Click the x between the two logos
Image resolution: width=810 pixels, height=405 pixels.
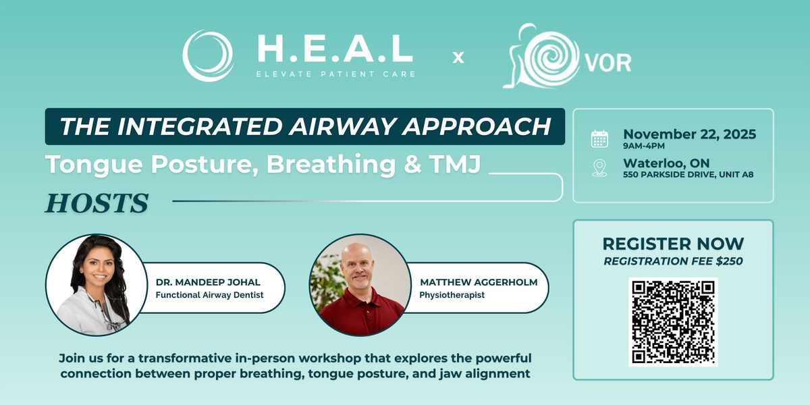point(458,58)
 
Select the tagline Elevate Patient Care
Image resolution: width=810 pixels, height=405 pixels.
point(335,74)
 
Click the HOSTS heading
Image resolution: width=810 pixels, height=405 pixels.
point(97,202)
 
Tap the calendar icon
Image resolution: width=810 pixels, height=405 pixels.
point(599,138)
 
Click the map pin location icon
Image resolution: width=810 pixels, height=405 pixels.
point(599,167)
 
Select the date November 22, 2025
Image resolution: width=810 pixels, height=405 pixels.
point(689,134)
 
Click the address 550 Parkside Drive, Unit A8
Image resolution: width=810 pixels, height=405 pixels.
point(688,175)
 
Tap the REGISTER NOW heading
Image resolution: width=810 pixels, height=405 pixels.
point(673,244)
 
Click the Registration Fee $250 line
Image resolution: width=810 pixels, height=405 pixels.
point(673,261)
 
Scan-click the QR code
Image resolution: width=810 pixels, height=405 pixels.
point(673,321)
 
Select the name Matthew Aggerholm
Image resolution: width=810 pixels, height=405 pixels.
point(479,282)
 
